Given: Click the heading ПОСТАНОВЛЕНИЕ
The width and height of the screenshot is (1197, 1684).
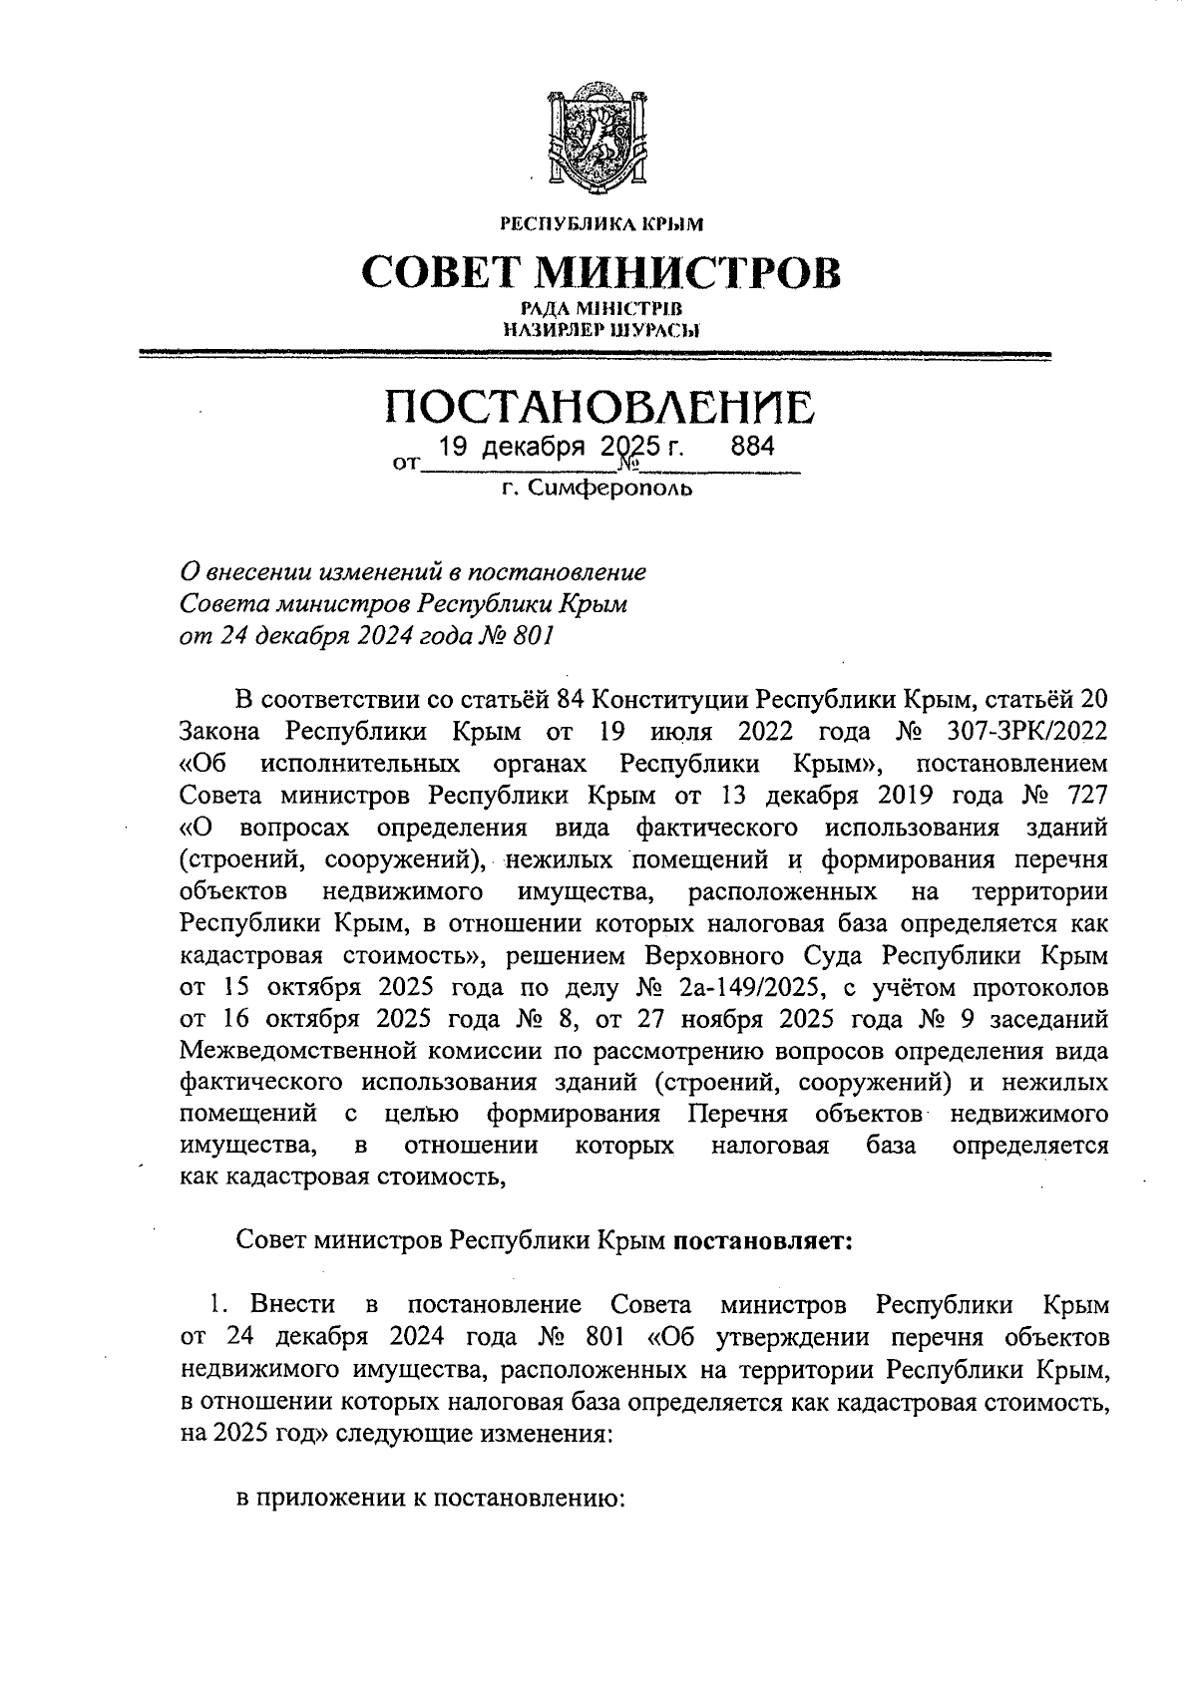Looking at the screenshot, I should [x=599, y=408].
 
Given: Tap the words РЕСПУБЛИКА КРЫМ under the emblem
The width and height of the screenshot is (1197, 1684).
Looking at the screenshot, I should [x=600, y=224].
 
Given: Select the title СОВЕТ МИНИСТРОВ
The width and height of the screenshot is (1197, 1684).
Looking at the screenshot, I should [x=599, y=272].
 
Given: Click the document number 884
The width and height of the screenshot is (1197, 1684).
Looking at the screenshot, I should [x=752, y=447].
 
